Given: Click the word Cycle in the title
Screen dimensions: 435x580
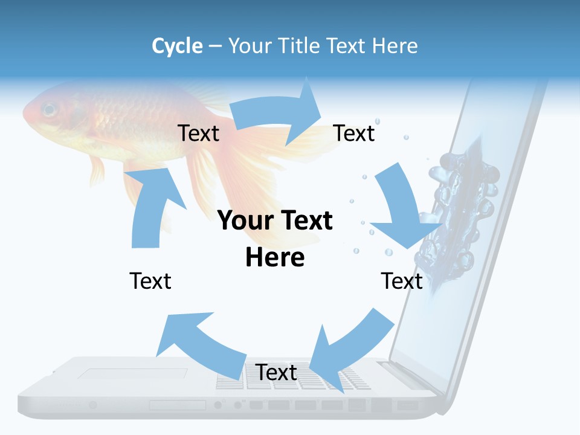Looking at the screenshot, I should click(x=177, y=46).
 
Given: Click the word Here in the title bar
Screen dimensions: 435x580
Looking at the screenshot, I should click(x=396, y=46).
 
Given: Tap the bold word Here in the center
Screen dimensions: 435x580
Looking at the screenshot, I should click(x=275, y=258).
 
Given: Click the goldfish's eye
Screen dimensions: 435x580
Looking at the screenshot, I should click(x=49, y=111).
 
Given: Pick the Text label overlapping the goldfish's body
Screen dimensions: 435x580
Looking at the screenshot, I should click(x=198, y=133).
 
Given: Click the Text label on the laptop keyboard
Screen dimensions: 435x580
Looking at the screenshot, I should click(x=276, y=372).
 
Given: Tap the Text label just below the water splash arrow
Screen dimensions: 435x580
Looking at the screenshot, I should click(x=402, y=281).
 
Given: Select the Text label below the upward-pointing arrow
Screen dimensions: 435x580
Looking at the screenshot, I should click(x=150, y=281).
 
